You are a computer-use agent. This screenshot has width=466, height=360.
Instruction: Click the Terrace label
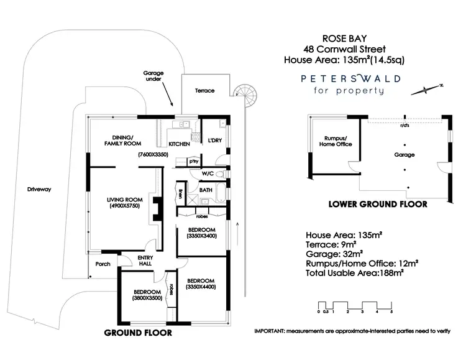pyautogui.click(x=204, y=91)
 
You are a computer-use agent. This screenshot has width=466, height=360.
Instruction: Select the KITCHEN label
pyautogui.click(x=179, y=144)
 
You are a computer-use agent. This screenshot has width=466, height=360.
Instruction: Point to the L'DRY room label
pyautogui.click(x=214, y=141)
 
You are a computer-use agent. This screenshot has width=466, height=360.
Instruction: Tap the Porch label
pyautogui.click(x=103, y=264)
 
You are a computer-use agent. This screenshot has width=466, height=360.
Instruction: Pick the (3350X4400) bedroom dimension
pyautogui.click(x=201, y=288)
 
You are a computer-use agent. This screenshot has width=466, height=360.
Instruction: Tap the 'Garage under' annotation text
pyautogui.click(x=153, y=76)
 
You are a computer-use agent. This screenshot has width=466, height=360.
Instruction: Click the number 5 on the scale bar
pyautogui.click(x=391, y=312)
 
